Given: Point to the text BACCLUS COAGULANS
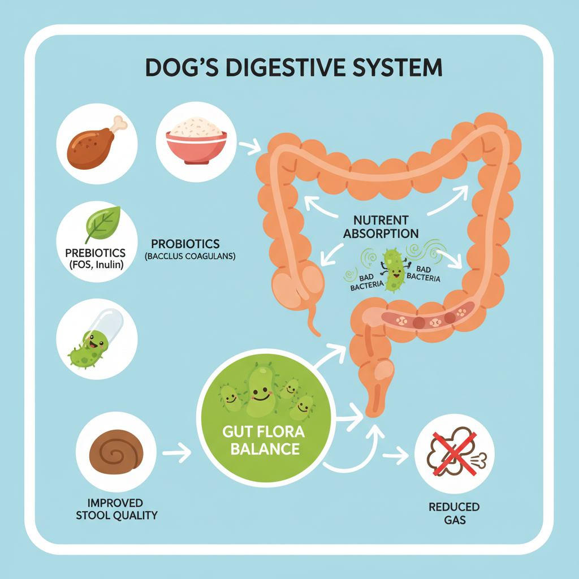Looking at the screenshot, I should tap(190, 257).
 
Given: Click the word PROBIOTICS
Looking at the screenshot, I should tap(185, 244).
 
